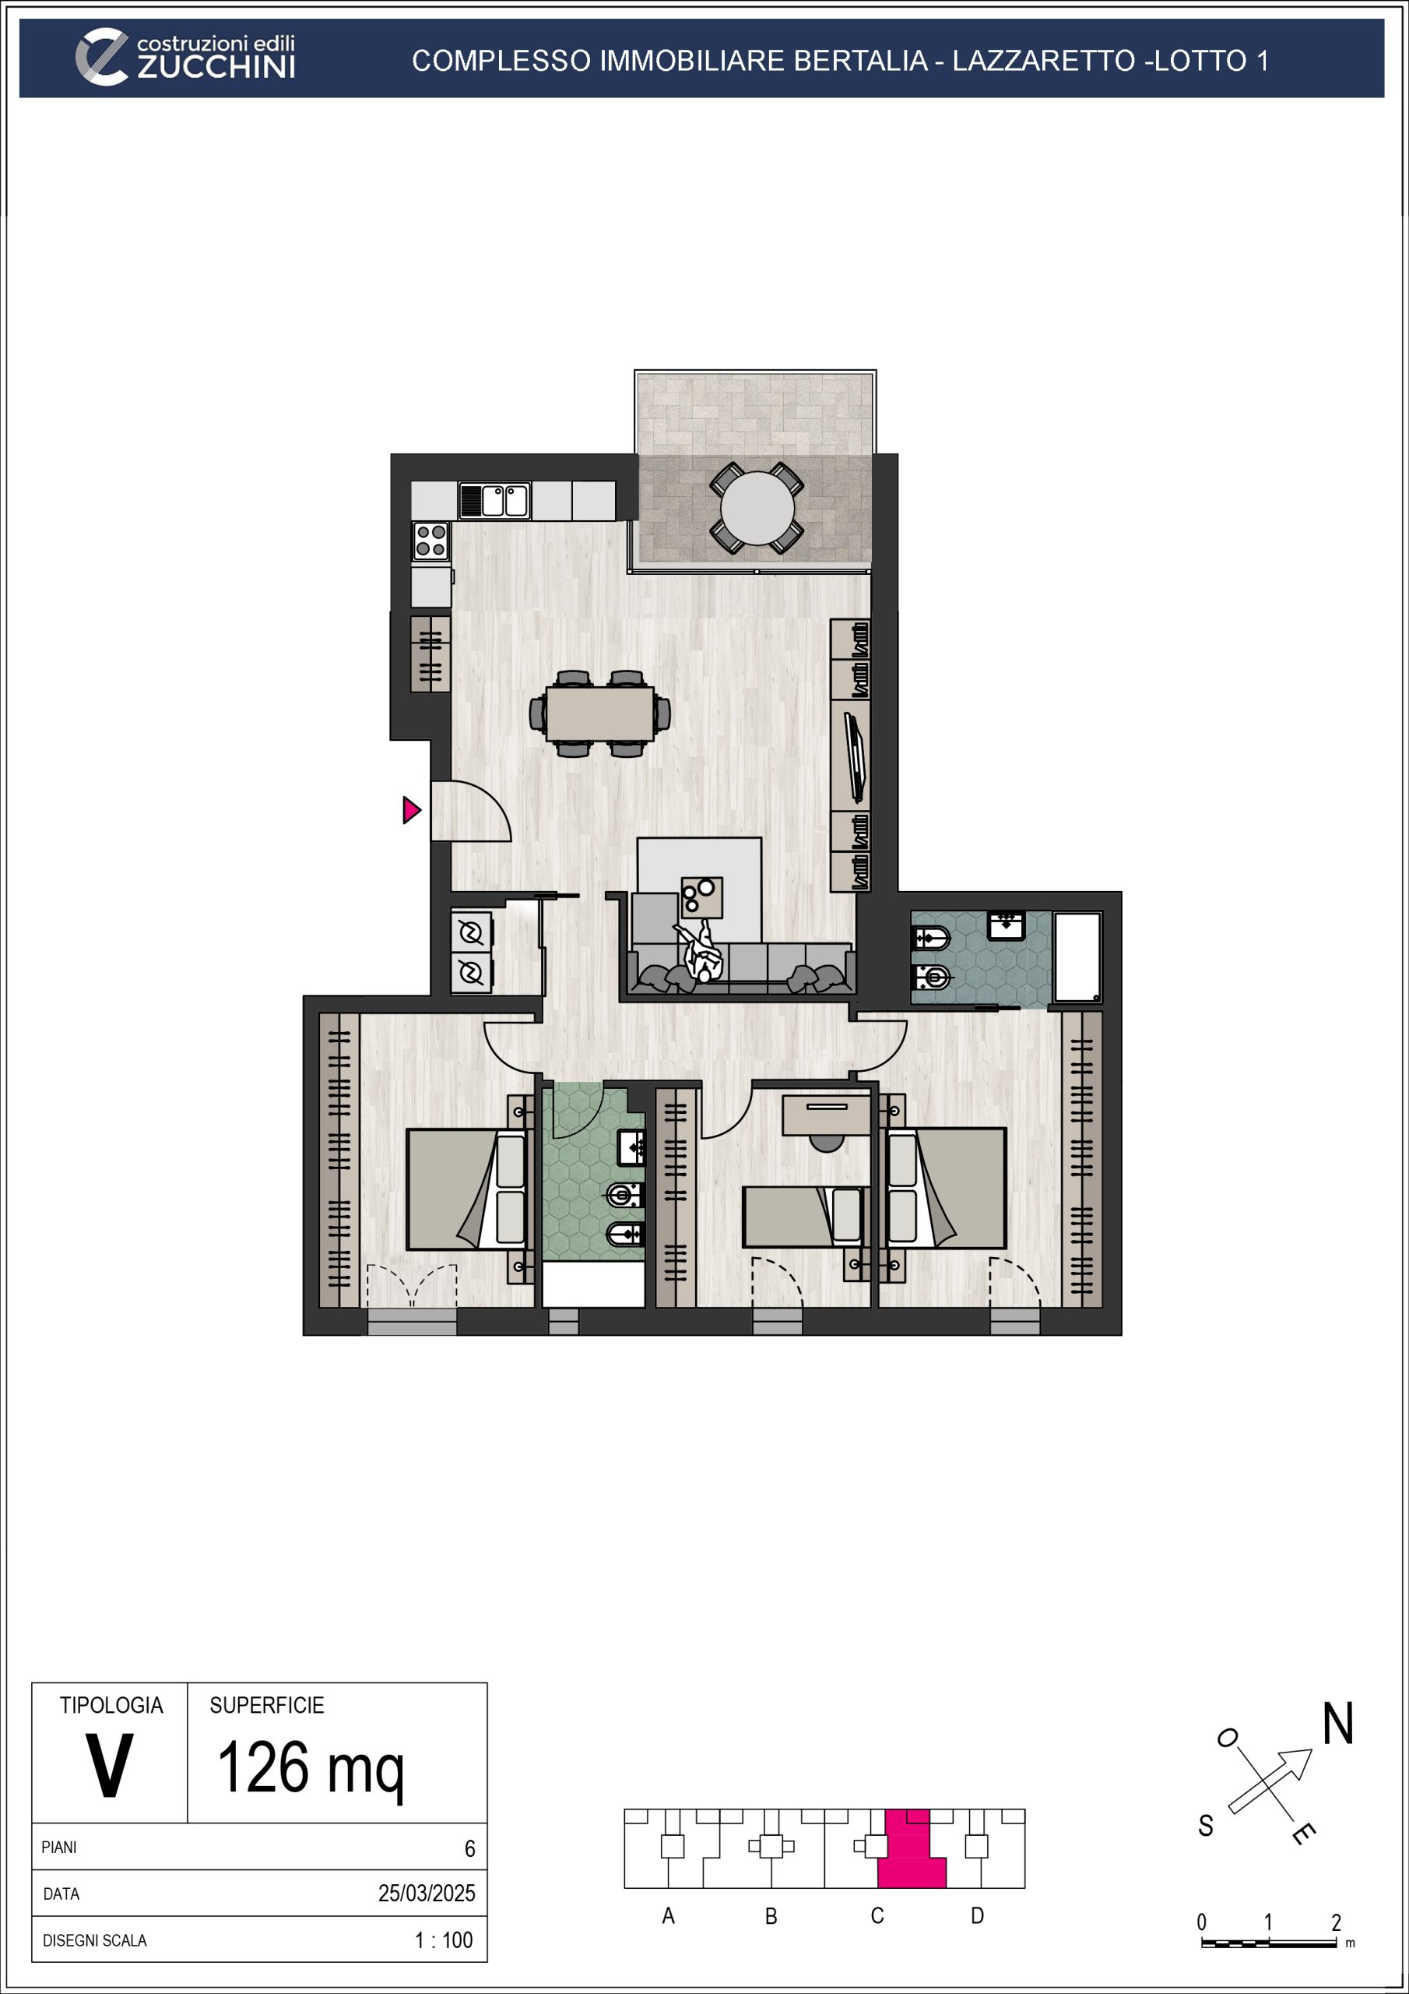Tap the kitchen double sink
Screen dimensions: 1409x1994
pos(494,501)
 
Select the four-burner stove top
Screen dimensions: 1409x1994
pos(430,541)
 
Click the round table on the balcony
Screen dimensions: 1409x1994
pos(757,508)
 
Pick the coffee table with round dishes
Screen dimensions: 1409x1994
pos(701,898)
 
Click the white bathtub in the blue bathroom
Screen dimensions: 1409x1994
pos(1077,957)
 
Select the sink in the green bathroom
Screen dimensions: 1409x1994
pos(631,1148)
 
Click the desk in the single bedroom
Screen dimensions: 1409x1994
pos(826,1115)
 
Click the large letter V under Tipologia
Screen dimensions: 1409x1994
pos(110,1766)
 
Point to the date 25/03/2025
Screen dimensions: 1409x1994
pos(427,1894)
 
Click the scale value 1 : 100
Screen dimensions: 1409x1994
pos(444,1940)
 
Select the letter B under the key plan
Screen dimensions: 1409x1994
pos(771,1916)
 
